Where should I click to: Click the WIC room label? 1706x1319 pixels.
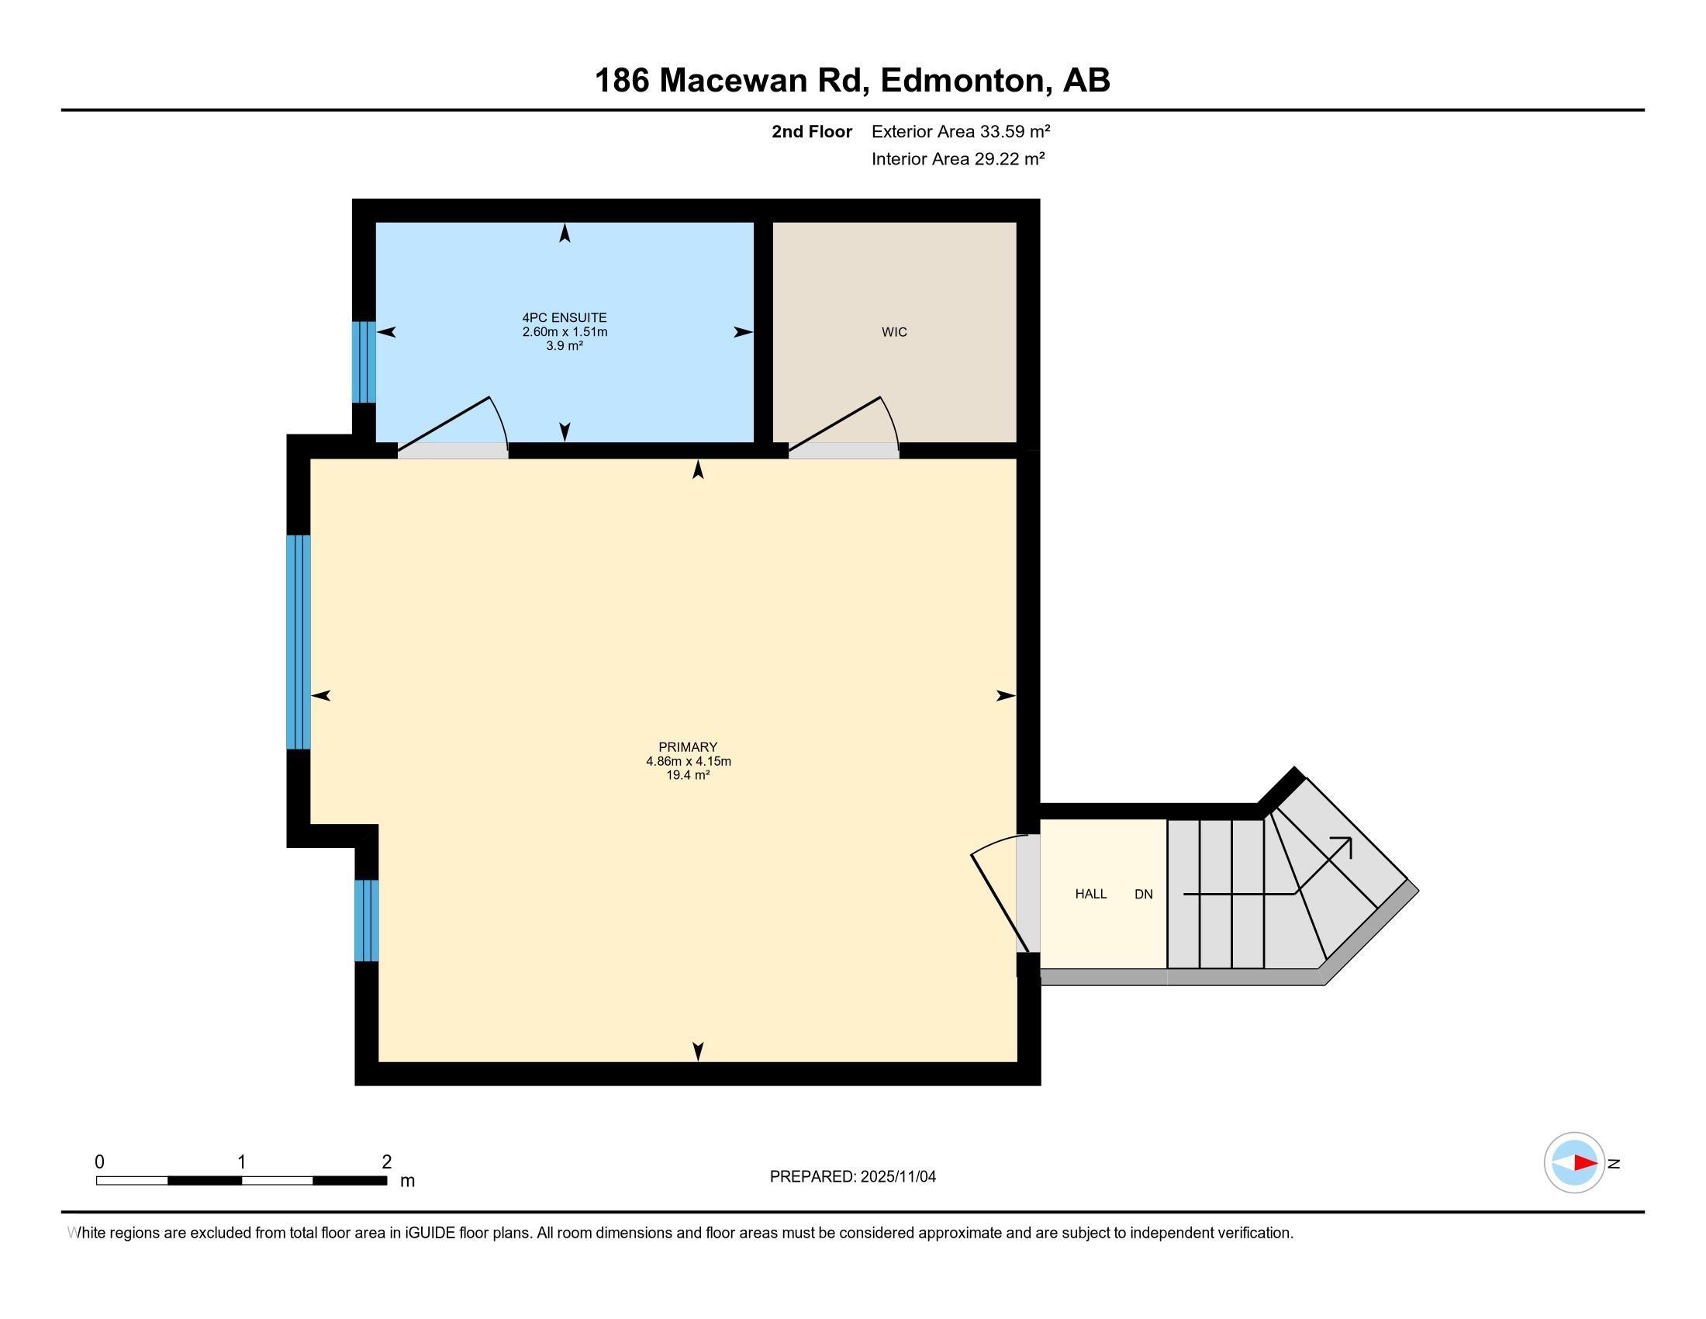pos(894,332)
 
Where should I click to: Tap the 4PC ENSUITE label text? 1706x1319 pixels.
pos(565,318)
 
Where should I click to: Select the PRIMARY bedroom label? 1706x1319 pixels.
pos(687,747)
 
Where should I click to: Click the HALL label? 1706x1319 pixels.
pos(1090,894)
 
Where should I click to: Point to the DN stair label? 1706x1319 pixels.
pos(1144,894)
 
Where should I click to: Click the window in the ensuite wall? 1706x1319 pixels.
pos(364,362)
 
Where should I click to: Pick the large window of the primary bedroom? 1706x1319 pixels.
pos(299,642)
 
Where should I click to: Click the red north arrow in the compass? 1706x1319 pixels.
pos(1586,1163)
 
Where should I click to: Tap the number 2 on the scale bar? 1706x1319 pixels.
pos(387,1162)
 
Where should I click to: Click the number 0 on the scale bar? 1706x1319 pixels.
pos(99,1162)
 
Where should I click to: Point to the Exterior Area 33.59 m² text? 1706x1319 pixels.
pos(961,131)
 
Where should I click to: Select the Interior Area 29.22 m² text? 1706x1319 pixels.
pos(958,158)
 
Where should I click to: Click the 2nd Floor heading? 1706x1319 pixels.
pos(812,131)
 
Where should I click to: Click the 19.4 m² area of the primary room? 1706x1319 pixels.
pos(687,775)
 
